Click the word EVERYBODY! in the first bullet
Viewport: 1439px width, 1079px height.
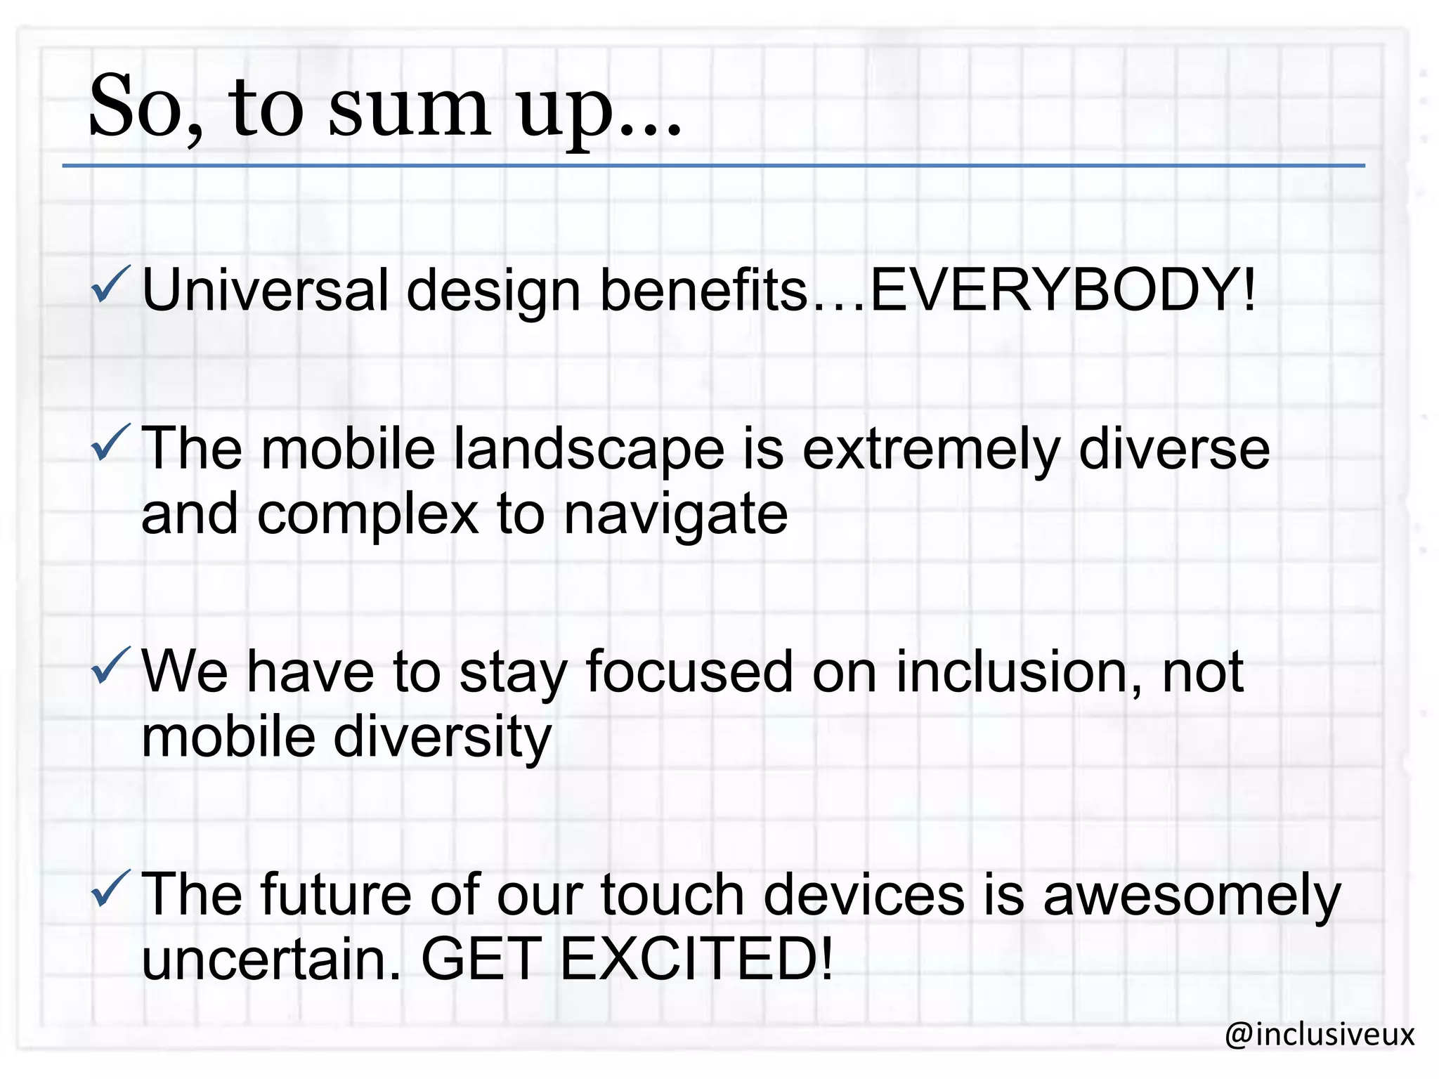(x=1062, y=289)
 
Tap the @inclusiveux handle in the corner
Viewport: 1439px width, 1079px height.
(x=1320, y=1034)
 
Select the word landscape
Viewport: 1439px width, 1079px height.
(x=588, y=450)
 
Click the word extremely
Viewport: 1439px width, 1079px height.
(x=930, y=450)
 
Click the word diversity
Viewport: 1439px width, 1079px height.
(x=442, y=738)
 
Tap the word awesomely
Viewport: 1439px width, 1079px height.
(x=1192, y=896)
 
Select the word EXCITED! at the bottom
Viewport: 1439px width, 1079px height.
(x=696, y=959)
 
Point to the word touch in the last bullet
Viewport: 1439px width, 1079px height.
(x=672, y=895)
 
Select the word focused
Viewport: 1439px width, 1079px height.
(x=689, y=672)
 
